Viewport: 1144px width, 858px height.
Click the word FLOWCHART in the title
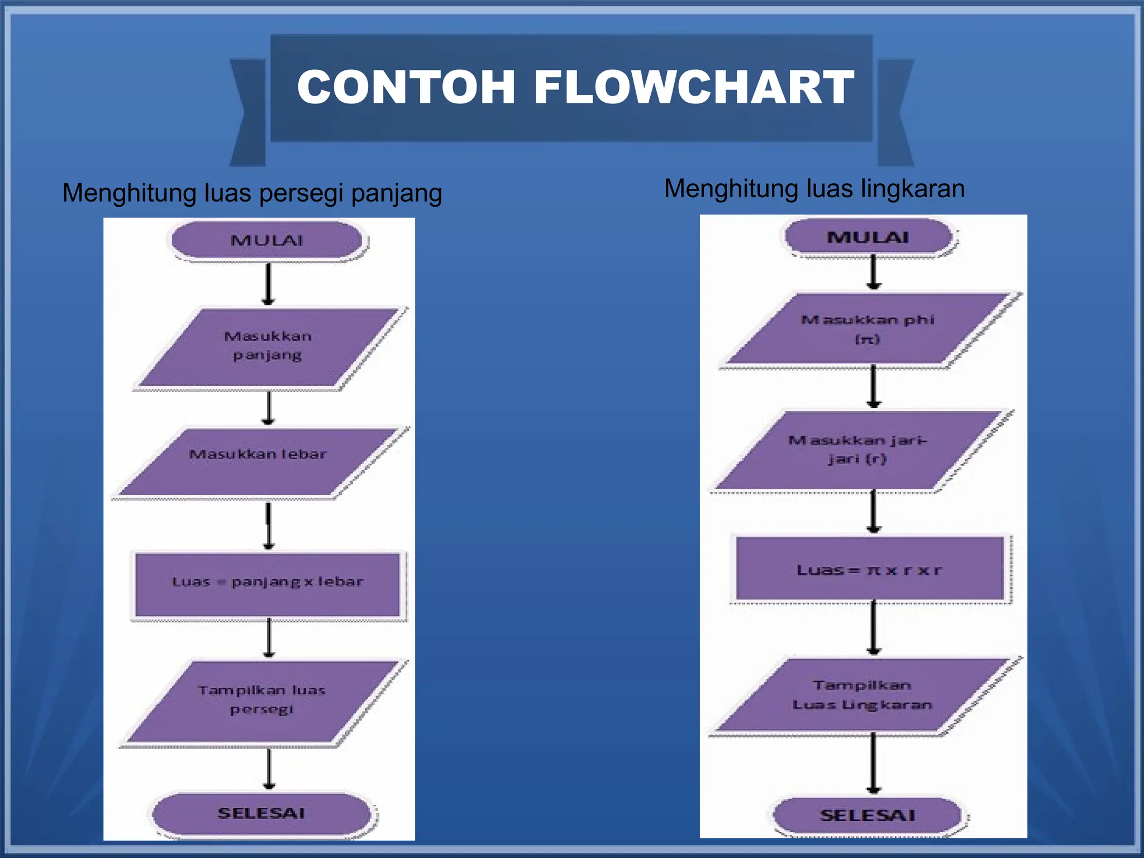point(694,87)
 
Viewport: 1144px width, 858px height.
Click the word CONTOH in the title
point(406,87)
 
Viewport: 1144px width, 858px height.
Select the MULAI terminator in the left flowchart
point(267,241)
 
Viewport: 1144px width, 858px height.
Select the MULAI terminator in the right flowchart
point(868,237)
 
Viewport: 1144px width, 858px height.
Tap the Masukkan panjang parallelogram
point(268,346)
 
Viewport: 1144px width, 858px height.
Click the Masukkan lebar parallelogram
point(258,463)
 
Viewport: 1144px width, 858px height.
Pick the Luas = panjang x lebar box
point(268,584)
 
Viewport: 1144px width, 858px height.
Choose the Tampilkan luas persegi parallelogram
point(263,701)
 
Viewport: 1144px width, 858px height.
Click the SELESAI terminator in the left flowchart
point(261,813)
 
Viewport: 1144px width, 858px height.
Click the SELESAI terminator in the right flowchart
point(867,816)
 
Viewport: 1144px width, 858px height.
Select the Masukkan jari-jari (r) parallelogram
point(857,450)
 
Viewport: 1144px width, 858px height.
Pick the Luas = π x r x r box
point(870,570)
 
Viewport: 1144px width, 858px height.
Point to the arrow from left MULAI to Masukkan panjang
point(268,284)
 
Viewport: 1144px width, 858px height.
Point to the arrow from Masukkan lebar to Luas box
point(268,525)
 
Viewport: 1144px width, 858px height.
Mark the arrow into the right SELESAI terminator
point(874,763)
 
